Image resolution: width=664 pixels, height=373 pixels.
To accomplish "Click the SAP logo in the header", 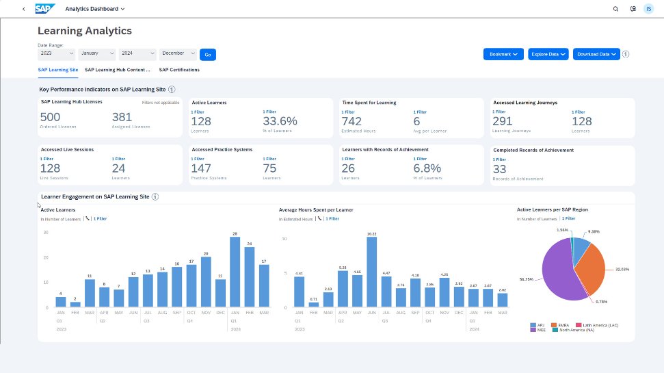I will [x=45, y=9].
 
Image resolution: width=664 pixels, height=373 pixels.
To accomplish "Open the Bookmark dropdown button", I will [x=503, y=53].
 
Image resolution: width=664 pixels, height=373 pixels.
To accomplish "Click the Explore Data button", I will [x=548, y=53].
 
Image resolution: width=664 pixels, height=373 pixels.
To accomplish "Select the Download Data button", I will [x=596, y=53].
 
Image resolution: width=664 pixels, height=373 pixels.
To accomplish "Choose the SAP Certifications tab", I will [x=179, y=70].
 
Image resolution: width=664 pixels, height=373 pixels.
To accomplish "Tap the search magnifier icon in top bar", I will [x=615, y=9].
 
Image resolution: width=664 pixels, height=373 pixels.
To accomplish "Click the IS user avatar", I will [x=649, y=9].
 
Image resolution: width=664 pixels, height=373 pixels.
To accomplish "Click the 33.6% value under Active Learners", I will [x=280, y=121].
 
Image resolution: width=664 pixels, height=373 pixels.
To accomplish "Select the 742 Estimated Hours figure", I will [x=351, y=121].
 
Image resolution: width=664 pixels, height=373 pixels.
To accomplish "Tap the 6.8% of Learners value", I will [x=427, y=168].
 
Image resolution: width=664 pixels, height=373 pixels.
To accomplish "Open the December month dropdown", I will [x=178, y=53].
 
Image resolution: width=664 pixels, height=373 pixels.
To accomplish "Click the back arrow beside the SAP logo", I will [x=24, y=9].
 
